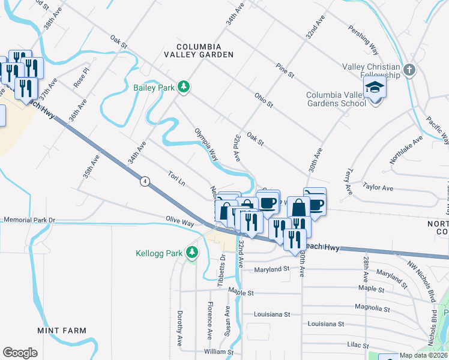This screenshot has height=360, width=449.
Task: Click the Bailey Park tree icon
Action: [184, 88]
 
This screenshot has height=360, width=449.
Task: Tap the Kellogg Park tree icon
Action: [192, 253]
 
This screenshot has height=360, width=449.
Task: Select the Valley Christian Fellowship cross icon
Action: [409, 70]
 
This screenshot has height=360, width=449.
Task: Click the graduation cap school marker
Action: [375, 88]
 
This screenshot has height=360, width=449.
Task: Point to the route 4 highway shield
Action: [145, 181]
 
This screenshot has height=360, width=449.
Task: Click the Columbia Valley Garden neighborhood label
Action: [199, 50]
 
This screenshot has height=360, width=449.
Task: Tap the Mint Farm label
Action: [62, 331]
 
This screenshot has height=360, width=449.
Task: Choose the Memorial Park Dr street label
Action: [29, 220]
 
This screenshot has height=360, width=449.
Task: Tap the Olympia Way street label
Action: [205, 144]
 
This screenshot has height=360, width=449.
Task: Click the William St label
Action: [218, 352]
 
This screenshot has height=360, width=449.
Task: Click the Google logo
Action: [20, 353]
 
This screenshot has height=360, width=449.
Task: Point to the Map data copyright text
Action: [424, 355]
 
